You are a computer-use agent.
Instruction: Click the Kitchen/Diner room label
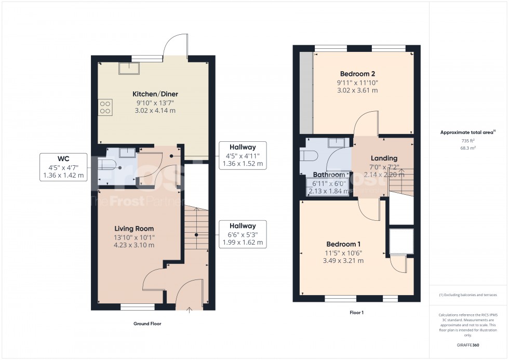click(x=155, y=94)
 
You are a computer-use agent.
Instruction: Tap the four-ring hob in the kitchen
click(x=105, y=106)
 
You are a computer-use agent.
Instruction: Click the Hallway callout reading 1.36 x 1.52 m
click(x=243, y=155)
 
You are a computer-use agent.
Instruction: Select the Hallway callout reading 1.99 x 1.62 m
click(x=243, y=234)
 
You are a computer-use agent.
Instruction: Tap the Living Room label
click(x=134, y=229)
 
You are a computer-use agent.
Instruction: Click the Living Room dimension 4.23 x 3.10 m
click(x=134, y=245)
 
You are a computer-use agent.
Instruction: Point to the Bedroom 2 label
click(x=358, y=73)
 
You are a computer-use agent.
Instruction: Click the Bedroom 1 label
click(x=343, y=244)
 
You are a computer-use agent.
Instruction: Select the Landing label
click(x=384, y=158)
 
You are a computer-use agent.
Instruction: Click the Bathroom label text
click(x=329, y=175)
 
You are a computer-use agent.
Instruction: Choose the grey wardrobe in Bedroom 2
click(x=306, y=92)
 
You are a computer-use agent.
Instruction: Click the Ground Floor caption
click(x=147, y=324)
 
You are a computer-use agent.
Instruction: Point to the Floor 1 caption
click(x=356, y=313)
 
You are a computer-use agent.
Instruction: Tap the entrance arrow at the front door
click(x=189, y=311)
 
